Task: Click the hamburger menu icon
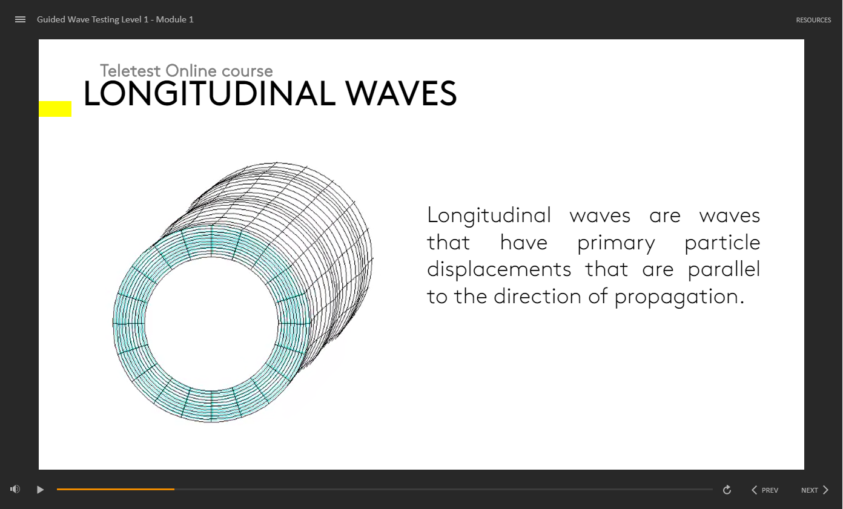(x=21, y=19)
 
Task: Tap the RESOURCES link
(x=813, y=20)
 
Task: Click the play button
(x=40, y=490)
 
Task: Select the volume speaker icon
(x=15, y=489)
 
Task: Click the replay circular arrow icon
(x=727, y=490)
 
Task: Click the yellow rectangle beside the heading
(x=55, y=109)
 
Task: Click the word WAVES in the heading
(x=401, y=93)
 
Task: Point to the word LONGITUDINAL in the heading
(x=210, y=93)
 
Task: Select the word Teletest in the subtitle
(x=130, y=71)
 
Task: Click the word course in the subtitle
(x=247, y=71)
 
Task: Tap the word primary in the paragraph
(x=616, y=243)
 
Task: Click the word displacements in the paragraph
(x=499, y=269)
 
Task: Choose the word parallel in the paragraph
(x=724, y=269)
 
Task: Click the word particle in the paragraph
(x=722, y=242)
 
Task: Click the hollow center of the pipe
(x=211, y=324)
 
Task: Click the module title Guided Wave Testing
(x=93, y=19)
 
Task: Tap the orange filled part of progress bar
(x=116, y=490)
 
